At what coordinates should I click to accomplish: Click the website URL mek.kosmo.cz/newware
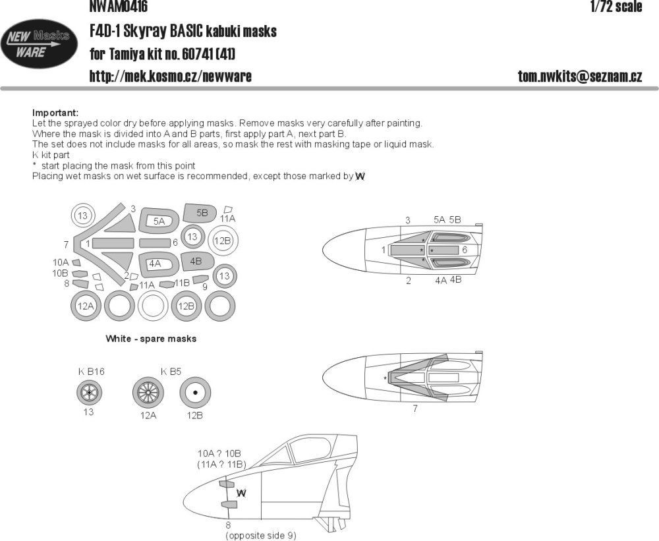point(170,76)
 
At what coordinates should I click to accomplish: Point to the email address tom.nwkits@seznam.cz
point(580,76)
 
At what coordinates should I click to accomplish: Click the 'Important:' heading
point(55,112)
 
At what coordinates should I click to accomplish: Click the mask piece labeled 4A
point(156,264)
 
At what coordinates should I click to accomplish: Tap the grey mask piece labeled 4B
point(196,261)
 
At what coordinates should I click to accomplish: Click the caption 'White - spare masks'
point(151,339)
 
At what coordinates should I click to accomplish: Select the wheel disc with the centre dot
point(196,395)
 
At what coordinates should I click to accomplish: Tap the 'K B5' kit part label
point(171,372)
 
